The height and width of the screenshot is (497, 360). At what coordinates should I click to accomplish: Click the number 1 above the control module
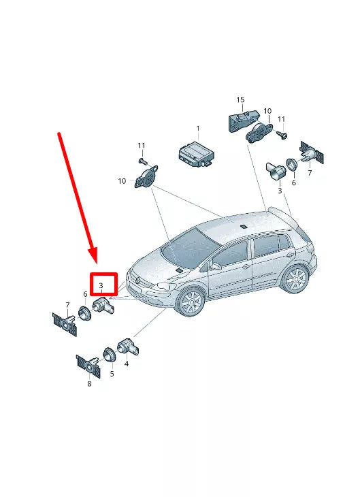198,128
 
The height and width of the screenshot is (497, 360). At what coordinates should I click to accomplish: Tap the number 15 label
240,100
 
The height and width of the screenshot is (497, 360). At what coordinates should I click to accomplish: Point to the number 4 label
127,364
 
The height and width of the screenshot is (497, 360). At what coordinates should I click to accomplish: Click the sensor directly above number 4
127,347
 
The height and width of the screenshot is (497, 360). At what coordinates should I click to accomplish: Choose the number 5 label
112,374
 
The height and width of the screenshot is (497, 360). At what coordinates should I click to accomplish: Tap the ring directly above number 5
108,355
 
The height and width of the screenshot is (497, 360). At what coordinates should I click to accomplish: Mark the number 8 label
89,384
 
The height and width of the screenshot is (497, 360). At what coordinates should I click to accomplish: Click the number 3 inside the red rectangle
100,285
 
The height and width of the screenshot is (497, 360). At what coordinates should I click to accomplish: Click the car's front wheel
191,302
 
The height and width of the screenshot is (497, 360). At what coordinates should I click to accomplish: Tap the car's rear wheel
295,279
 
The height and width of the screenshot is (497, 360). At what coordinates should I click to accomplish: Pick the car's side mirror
215,267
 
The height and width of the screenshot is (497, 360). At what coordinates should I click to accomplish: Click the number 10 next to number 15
267,110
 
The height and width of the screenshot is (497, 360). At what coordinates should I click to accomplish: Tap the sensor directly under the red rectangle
103,306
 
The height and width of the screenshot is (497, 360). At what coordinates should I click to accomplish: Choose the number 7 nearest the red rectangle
67,304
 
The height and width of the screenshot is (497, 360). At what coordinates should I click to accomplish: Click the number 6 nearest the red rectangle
85,294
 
